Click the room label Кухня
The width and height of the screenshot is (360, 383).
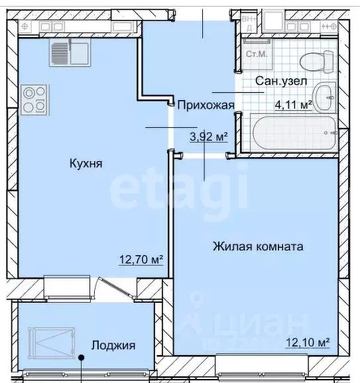[86, 164]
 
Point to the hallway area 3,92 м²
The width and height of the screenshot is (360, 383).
[208, 137]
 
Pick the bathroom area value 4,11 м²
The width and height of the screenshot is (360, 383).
[293, 104]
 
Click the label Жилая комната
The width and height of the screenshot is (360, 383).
[258, 246]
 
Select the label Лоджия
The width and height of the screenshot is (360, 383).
[113, 345]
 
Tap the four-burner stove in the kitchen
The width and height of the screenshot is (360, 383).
[34, 98]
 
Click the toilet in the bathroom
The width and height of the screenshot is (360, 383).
[317, 62]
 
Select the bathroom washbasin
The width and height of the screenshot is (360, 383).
[325, 97]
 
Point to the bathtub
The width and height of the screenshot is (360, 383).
[292, 132]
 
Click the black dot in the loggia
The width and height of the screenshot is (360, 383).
[82, 358]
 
